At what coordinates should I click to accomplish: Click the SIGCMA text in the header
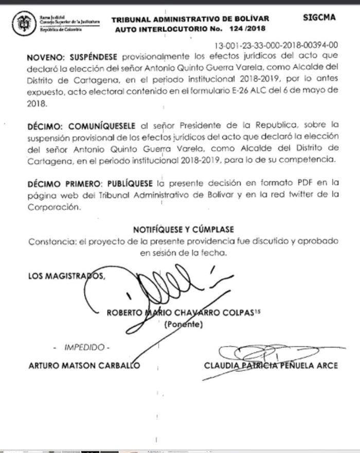[x=319, y=18]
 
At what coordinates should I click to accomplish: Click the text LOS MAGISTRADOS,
[x=67, y=276]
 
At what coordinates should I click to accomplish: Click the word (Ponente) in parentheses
[x=184, y=324]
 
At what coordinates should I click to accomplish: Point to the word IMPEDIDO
[x=84, y=347]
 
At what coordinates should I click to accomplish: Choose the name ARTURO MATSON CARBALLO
[x=84, y=365]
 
